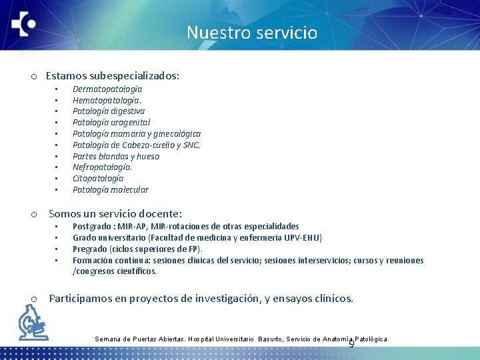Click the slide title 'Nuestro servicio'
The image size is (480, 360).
251,33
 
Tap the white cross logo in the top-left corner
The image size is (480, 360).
23,26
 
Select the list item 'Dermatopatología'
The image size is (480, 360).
107,89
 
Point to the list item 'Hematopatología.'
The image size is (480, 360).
107,100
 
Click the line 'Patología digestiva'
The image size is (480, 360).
108,111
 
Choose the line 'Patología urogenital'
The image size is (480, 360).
111,122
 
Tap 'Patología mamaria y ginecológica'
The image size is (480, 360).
136,133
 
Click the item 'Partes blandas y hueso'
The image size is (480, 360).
115,156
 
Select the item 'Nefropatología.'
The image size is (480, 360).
102,167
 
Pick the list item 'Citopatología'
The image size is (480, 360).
97,179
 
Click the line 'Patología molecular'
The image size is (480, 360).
110,190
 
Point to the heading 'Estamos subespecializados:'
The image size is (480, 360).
112,76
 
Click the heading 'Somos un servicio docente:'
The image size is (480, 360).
115,214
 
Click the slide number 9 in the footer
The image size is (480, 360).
351,344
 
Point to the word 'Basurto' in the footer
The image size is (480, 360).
271,339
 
